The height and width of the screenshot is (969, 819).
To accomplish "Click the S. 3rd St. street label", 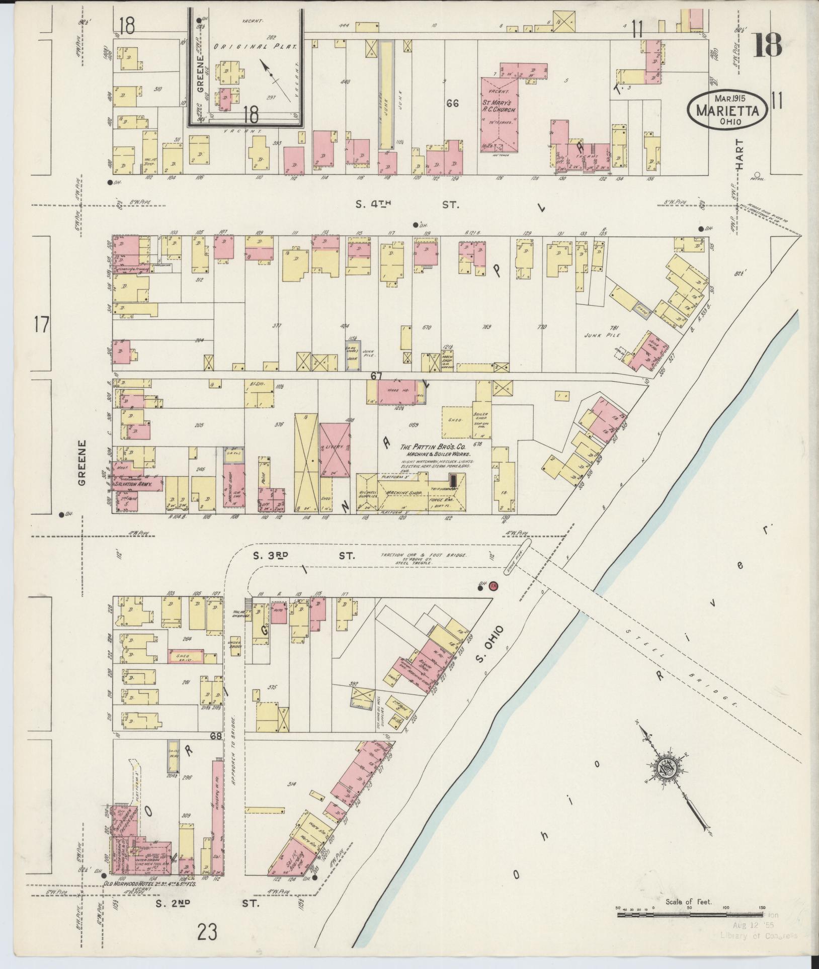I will pyautogui.click(x=303, y=556).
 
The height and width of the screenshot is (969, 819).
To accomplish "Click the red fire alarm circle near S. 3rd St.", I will pyautogui.click(x=494, y=585).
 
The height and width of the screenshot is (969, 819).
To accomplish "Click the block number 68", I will pyautogui.click(x=216, y=737).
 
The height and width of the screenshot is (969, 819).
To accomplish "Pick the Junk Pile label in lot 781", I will pyautogui.click(x=597, y=334).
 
